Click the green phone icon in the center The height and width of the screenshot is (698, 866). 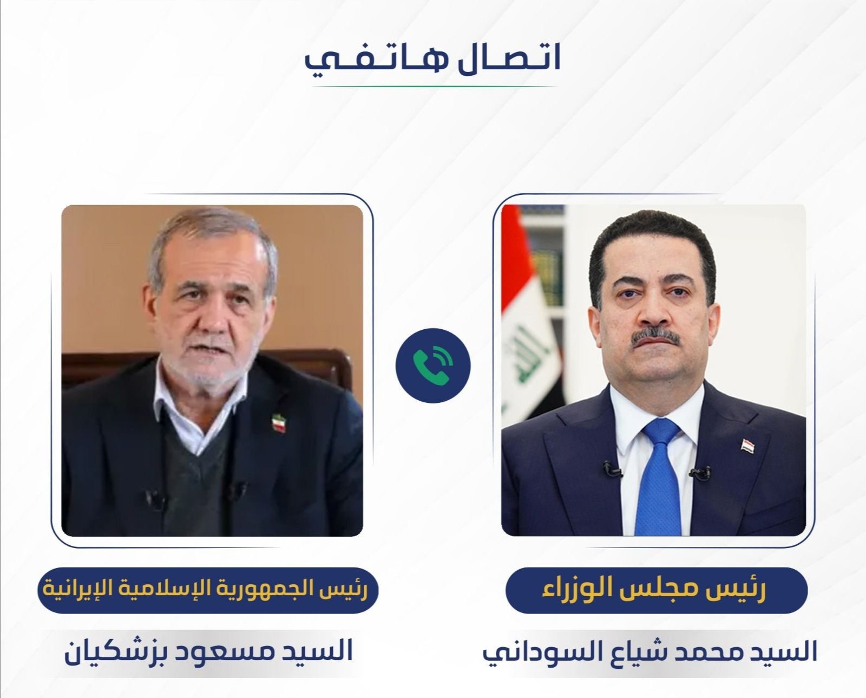[x=432, y=366]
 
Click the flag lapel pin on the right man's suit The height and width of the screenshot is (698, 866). [x=747, y=446]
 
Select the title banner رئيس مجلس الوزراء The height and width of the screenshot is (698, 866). [x=657, y=590]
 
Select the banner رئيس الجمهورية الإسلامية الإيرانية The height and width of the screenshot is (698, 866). [x=208, y=590]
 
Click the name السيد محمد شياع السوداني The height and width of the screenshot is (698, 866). [x=650, y=651]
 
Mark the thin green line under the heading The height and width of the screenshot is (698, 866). [x=434, y=87]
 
